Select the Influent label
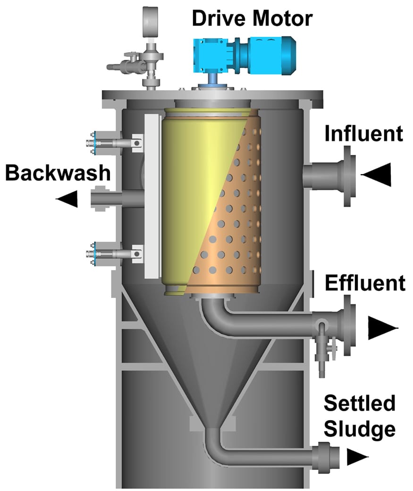(363, 134)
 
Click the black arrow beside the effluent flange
(383, 327)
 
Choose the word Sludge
(359, 429)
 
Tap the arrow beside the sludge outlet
(357, 457)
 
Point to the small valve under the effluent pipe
(324, 347)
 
